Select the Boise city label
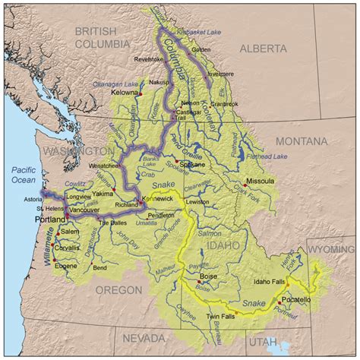pyautogui.click(x=207, y=280)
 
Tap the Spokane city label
pyautogui.click(x=194, y=163)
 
